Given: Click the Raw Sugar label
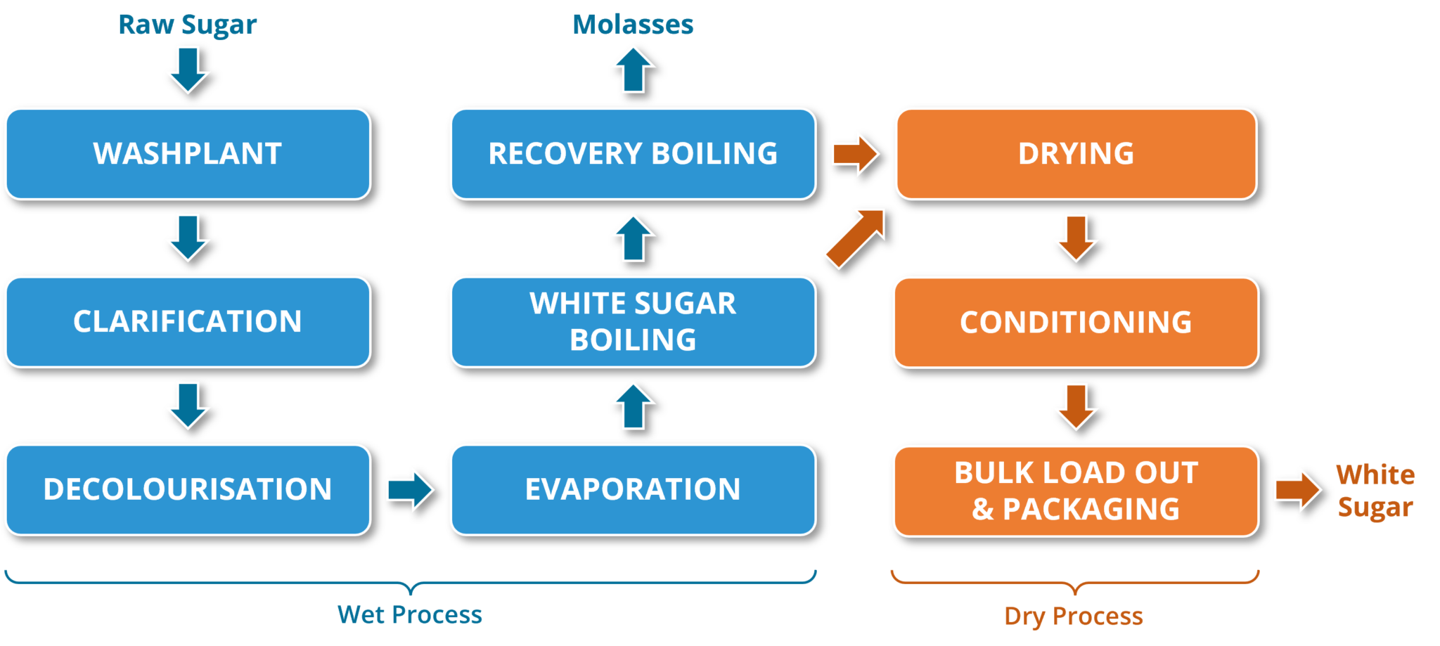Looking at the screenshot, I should click(x=187, y=25).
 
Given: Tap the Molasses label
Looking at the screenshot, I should click(x=633, y=25).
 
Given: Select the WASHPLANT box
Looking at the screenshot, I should click(x=188, y=153).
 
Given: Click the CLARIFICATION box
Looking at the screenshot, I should click(x=188, y=321).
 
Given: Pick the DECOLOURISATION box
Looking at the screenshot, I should click(x=188, y=489).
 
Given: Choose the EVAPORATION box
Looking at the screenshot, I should click(x=633, y=489).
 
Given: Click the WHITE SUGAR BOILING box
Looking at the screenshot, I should click(x=633, y=321).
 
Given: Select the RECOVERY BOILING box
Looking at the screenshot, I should click(x=633, y=153).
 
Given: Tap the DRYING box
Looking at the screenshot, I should click(x=1076, y=153).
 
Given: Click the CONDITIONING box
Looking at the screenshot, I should click(x=1076, y=322).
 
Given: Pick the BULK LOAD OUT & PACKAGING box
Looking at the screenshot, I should click(x=1076, y=491).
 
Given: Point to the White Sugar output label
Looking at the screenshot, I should click(x=1375, y=491).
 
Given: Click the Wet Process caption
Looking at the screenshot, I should click(x=409, y=615).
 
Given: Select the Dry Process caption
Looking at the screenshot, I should click(x=1074, y=616).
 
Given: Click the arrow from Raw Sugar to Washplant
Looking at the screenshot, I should click(x=188, y=70).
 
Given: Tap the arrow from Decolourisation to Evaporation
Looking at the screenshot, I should click(x=410, y=489).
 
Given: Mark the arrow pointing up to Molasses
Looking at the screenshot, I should click(x=633, y=70).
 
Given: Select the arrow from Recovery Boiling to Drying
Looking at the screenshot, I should click(x=855, y=153).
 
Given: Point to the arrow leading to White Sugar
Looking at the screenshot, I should click(x=1297, y=490).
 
